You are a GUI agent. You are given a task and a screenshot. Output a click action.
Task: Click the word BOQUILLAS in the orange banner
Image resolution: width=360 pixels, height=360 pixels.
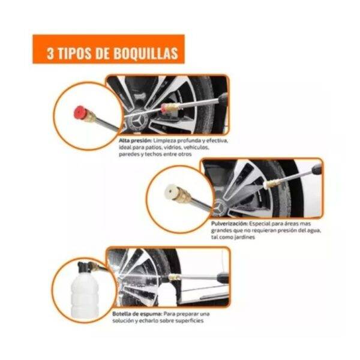[146, 54]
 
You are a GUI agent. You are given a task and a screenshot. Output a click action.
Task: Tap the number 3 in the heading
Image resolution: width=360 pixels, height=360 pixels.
[50, 54]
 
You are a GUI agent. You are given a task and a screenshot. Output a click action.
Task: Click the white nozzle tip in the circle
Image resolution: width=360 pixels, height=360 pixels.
[171, 192]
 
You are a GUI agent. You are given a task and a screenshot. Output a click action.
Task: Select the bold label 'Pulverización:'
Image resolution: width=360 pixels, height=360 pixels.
[229, 223]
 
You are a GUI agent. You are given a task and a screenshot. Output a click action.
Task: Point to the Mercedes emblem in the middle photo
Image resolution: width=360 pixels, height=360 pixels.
[220, 208]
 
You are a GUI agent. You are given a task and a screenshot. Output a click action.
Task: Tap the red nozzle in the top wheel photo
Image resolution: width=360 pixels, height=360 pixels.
[164, 108]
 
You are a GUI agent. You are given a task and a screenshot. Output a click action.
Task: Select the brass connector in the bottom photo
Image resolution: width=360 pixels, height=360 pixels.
[175, 278]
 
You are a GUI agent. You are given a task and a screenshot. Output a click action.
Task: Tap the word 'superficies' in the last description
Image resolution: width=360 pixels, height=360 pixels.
[190, 320]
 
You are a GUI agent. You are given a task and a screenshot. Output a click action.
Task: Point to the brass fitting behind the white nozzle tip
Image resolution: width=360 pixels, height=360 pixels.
[183, 196]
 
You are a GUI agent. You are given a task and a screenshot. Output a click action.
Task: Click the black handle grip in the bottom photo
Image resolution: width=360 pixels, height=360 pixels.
[222, 278]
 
